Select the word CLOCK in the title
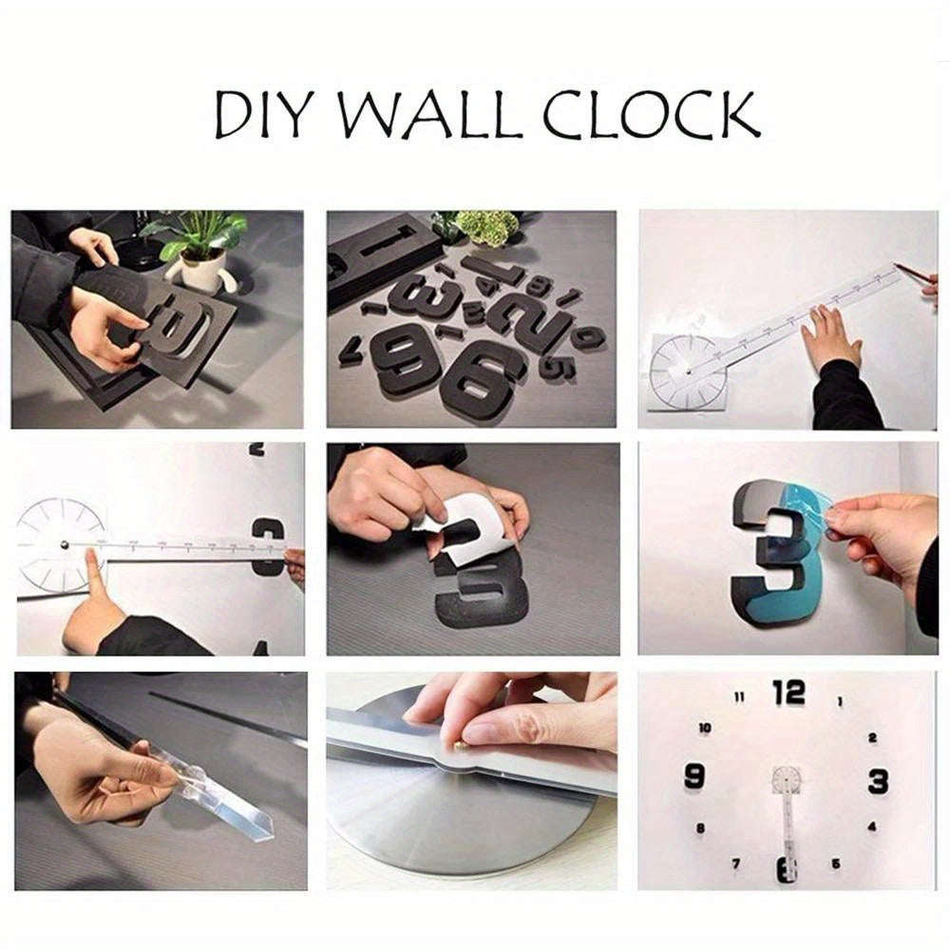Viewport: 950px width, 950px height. point(651,116)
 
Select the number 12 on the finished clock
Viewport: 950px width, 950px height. point(788,693)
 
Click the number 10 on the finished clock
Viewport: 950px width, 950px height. point(705,728)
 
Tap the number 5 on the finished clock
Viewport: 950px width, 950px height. point(835,864)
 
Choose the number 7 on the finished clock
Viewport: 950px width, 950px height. point(736,864)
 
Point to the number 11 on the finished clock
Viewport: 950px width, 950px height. point(738,698)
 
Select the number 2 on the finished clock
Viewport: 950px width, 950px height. point(872,737)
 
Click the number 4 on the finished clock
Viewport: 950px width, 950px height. point(871,826)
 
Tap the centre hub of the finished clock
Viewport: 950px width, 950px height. point(787,781)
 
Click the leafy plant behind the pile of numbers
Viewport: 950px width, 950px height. point(486,227)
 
